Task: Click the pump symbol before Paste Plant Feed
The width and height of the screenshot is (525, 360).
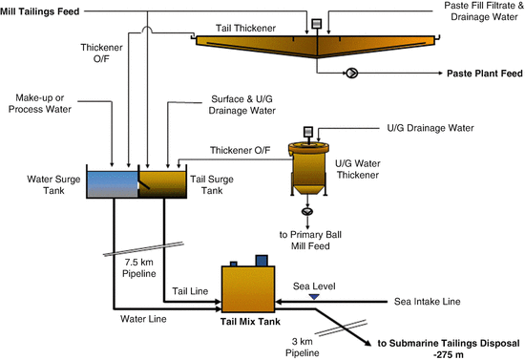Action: coord(352,73)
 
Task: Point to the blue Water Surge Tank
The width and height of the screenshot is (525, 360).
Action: coord(113,183)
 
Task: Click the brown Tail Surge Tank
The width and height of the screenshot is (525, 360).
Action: coord(166,183)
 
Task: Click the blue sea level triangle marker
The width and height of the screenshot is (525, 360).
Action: coord(313,298)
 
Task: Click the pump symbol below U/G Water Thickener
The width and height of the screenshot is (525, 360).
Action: coord(307,212)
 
